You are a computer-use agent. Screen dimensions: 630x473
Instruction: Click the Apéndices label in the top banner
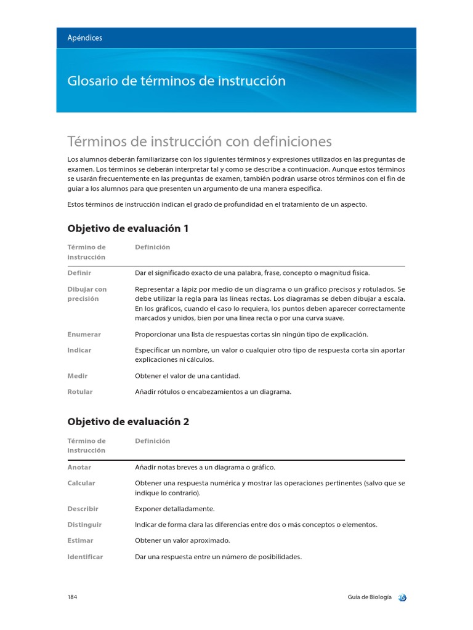(85, 38)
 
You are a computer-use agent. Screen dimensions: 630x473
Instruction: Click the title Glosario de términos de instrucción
(176, 81)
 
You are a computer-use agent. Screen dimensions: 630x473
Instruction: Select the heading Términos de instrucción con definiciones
(200, 142)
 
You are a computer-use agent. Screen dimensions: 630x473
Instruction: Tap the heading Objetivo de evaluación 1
(127, 228)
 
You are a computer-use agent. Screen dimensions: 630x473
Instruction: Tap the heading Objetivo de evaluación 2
(127, 422)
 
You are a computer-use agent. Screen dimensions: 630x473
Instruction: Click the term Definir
(79, 273)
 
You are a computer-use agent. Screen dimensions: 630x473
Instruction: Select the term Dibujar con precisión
(87, 293)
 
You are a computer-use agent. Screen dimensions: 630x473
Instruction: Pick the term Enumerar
(84, 334)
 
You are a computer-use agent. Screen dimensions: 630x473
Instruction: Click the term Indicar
(79, 350)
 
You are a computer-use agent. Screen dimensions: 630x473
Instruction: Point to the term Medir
(77, 375)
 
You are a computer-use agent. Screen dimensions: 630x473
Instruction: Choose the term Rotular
(80, 391)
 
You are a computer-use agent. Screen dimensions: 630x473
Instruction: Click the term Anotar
(79, 467)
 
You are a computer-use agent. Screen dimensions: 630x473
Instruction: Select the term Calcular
(81, 483)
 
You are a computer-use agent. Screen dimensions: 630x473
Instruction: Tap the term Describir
(83, 509)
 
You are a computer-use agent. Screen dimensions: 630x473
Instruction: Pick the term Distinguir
(84, 525)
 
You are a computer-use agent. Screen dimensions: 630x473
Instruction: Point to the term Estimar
(80, 540)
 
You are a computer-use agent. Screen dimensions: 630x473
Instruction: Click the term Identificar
(85, 557)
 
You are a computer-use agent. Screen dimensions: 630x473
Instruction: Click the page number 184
(72, 597)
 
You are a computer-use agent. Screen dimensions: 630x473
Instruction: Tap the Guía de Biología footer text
(368, 597)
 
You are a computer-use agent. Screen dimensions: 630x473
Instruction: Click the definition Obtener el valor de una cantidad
(187, 375)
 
